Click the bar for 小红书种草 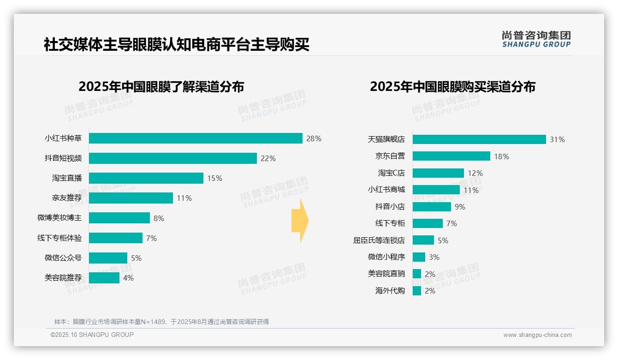pyautogui.click(x=196, y=138)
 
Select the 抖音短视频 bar pyautogui.click(x=172, y=158)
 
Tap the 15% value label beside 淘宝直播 pyautogui.click(x=214, y=178)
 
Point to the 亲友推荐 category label pyautogui.click(x=66, y=198)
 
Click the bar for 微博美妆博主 pyautogui.click(x=119, y=218)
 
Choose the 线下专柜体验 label pyautogui.click(x=59, y=238)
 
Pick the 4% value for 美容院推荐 pyautogui.click(x=128, y=278)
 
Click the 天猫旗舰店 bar pyautogui.click(x=479, y=139)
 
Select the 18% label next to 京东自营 pyautogui.click(x=501, y=156)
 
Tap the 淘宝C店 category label pyautogui.click(x=391, y=173)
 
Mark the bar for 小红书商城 pyautogui.click(x=436, y=190)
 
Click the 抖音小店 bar pyautogui.click(x=432, y=207)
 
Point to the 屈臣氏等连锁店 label pyautogui.click(x=379, y=240)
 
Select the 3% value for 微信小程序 pyautogui.click(x=434, y=257)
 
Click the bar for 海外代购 pyautogui.click(x=417, y=291)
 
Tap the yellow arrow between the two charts pyautogui.click(x=300, y=221)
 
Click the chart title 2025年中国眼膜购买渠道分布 pyautogui.click(x=452, y=87)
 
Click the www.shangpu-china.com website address pyautogui.click(x=537, y=335)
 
